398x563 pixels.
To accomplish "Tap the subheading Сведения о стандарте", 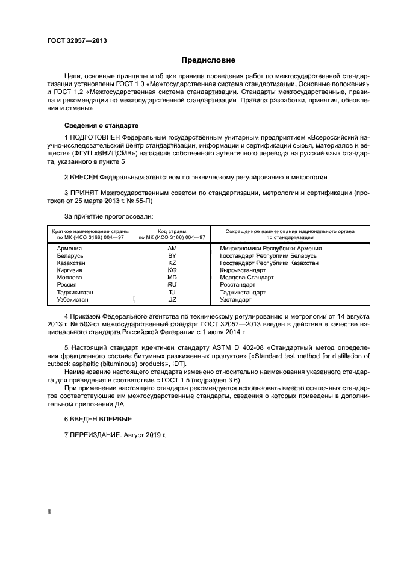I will (101, 125).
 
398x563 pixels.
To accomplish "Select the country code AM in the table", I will (172, 249).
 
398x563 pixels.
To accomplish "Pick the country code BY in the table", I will (172, 256).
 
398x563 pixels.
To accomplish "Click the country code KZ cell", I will (172, 263).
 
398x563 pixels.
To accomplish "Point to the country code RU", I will (172, 285).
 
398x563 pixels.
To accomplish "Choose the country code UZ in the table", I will (172, 299).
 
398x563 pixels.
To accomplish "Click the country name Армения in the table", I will (70, 249).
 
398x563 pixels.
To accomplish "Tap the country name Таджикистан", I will (75, 292).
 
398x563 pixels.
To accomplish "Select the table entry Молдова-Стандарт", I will (247, 278).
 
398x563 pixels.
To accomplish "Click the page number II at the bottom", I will (49, 511).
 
